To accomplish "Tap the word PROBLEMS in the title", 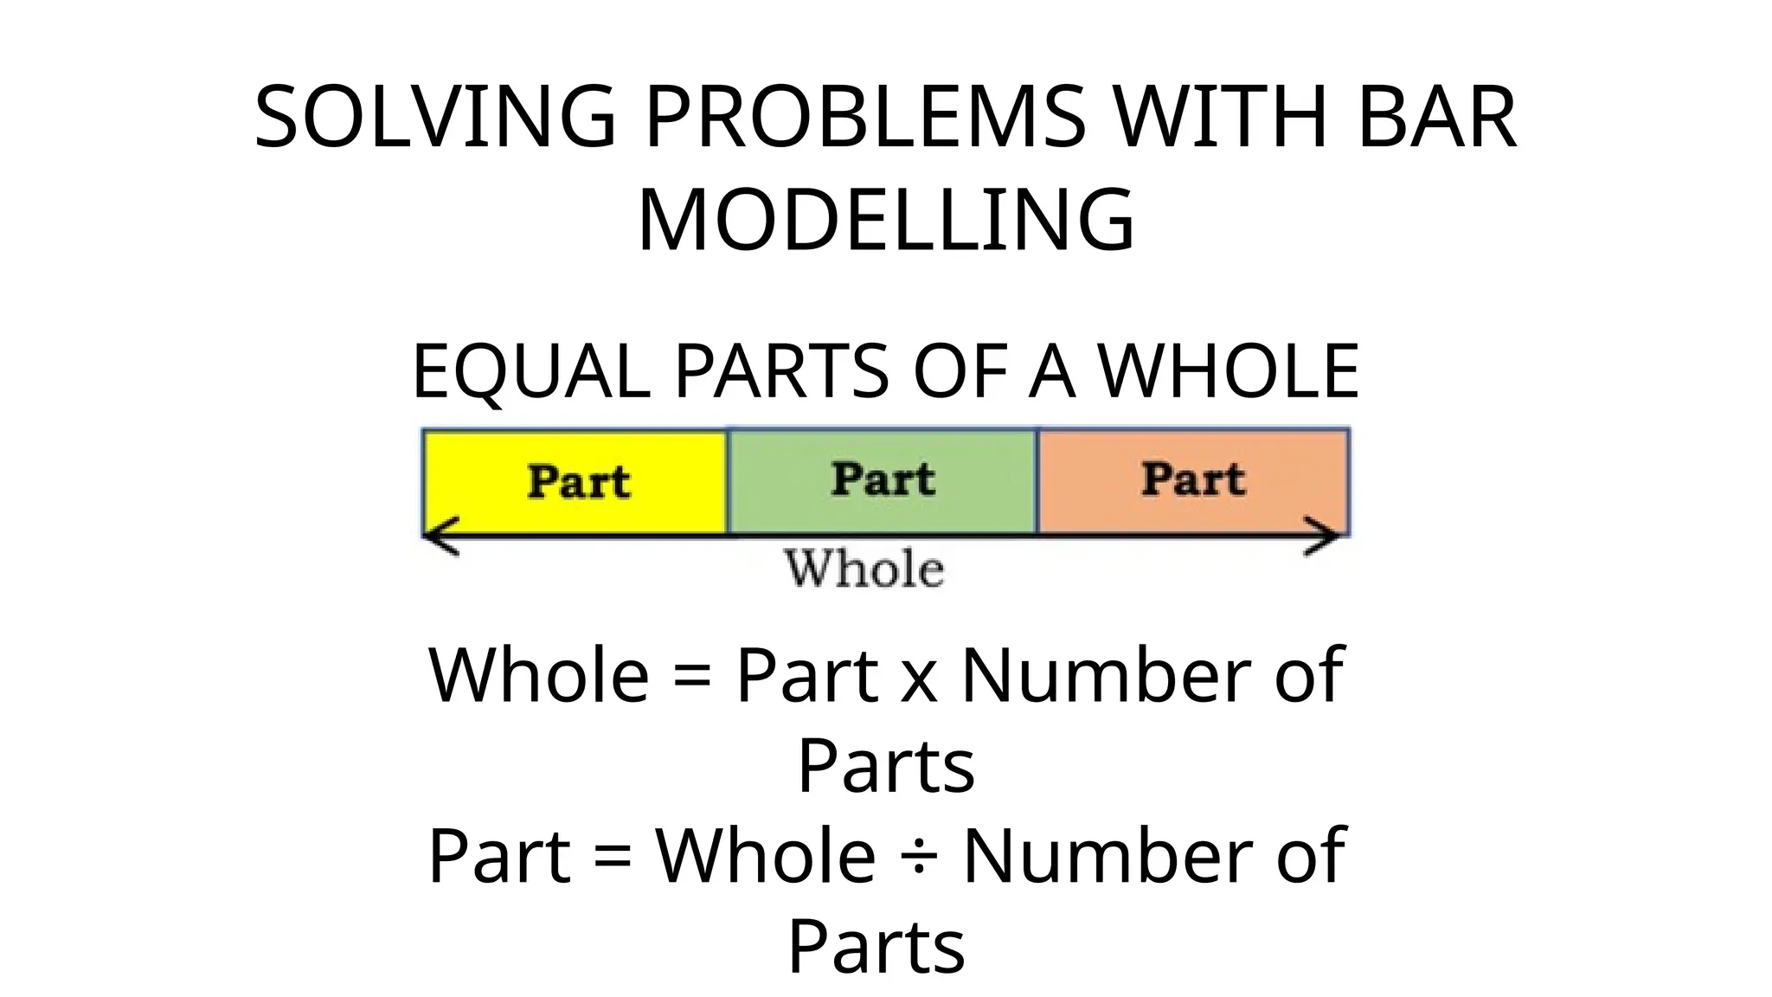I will pos(864,118).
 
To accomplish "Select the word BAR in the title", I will pos(1436,118).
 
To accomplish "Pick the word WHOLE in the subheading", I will pos(1229,371).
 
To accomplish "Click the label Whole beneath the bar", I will pos(864,569).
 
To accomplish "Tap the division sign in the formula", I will pos(919,856).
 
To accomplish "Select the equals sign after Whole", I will pos(692,677).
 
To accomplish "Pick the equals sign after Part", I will pos(613,856).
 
